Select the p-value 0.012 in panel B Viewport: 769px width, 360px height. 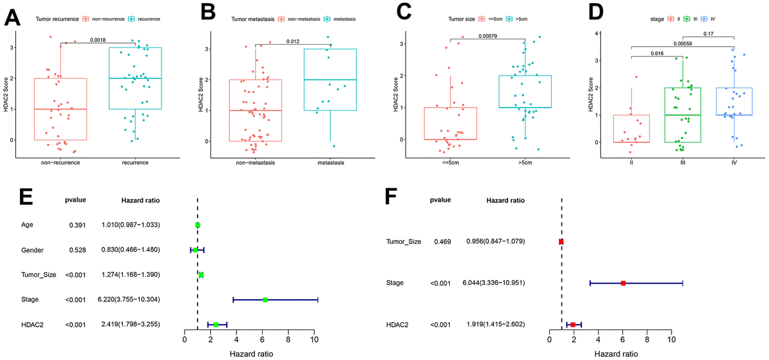click(293, 40)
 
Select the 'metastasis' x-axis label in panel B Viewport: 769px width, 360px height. click(331, 163)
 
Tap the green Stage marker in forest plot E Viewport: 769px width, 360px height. click(265, 299)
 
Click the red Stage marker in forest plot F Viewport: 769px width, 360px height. click(623, 282)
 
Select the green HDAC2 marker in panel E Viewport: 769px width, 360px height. click(216, 325)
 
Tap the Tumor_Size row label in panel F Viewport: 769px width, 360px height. click(404, 241)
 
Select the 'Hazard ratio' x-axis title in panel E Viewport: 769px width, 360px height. click(249, 353)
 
